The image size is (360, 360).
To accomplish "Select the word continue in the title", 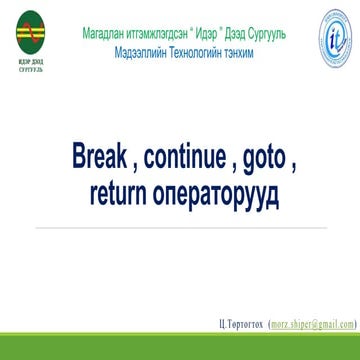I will pos(191,157).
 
